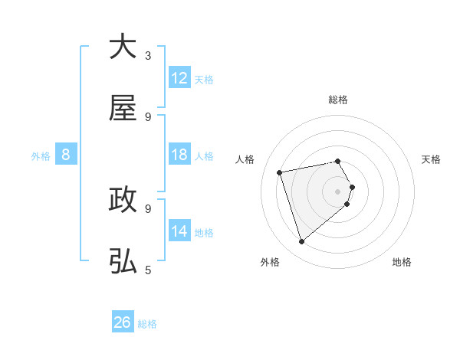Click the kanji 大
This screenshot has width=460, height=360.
[x=123, y=47]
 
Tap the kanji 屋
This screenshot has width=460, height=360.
[x=123, y=110]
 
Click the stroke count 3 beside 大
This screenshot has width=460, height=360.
[x=148, y=56]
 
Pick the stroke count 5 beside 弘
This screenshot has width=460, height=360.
[x=148, y=270]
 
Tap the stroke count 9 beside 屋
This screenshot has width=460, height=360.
[x=148, y=117]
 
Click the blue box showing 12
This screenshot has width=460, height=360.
[x=179, y=78]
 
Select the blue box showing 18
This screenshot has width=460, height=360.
[x=179, y=155]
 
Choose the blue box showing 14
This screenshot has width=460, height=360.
[x=179, y=231]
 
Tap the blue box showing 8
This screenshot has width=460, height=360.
[x=66, y=155]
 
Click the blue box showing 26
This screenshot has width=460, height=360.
[x=123, y=322]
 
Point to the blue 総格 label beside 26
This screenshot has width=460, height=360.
[x=147, y=324]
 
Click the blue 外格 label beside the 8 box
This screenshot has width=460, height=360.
[x=41, y=156]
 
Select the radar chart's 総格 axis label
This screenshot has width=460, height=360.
[x=338, y=100]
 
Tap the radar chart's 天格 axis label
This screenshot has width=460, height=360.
[x=432, y=159]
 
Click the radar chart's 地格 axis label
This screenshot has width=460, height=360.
[x=402, y=262]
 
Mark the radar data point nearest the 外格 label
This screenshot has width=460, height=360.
[x=301, y=242]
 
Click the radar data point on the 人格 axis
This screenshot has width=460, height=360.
[x=280, y=172]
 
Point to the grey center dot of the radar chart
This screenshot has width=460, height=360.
[x=338, y=191]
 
